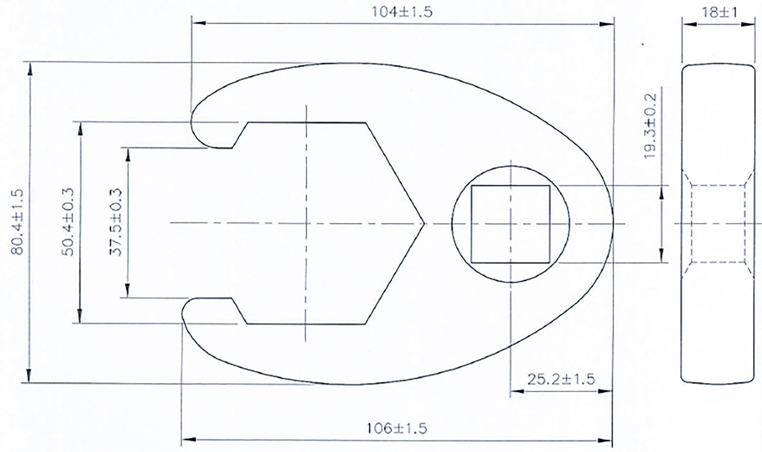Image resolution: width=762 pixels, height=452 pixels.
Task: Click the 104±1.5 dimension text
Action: (401, 12)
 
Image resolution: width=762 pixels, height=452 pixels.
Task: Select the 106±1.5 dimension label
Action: (397, 429)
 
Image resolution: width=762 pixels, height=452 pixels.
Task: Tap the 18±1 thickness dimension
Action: (719, 13)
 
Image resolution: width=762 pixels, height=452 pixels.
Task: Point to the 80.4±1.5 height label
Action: (17, 222)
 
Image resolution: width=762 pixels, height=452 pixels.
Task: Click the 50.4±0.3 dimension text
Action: (68, 222)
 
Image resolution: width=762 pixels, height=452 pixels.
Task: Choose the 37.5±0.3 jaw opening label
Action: (116, 222)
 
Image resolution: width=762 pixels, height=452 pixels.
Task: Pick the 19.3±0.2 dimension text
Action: (650, 126)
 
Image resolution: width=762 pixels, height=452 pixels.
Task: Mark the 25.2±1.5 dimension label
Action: (561, 379)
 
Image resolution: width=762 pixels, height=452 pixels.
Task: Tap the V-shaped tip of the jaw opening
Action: (424, 223)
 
